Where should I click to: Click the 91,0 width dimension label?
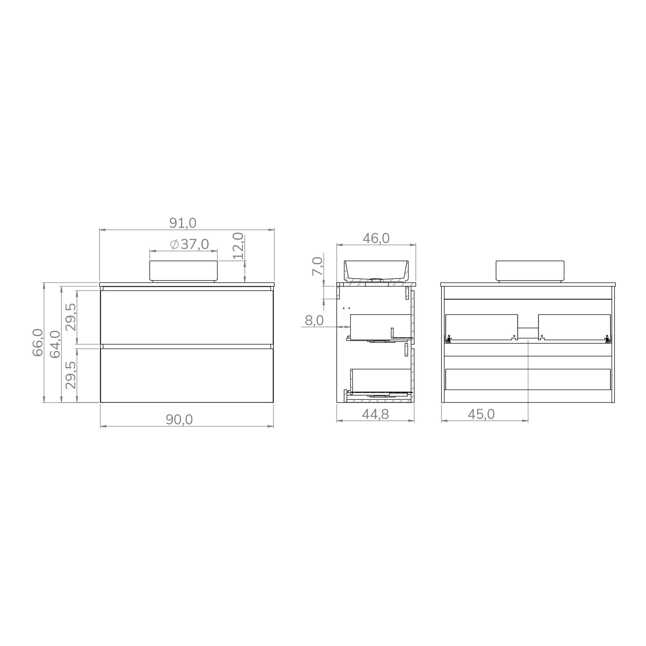pos(183,223)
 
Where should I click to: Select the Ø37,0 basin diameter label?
pos(189,244)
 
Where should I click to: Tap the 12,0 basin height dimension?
pos(238,246)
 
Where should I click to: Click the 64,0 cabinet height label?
pos(55,344)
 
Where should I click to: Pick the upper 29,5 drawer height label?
pos(71,317)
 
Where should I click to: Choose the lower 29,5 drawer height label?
pos(71,375)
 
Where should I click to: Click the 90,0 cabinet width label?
pos(179,419)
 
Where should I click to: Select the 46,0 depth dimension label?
pos(376,238)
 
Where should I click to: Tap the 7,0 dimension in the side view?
pos(318,267)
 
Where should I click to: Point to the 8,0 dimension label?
pos(314,321)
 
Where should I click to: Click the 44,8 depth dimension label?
pos(375,414)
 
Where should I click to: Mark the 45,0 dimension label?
pos(481,414)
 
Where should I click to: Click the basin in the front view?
pos(183,271)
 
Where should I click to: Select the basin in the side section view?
pos(376,271)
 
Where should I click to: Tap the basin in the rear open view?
pos(530,271)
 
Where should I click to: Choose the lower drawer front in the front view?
pos(187,375)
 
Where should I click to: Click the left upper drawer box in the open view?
pos(481,327)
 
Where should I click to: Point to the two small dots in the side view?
pos(346,308)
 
